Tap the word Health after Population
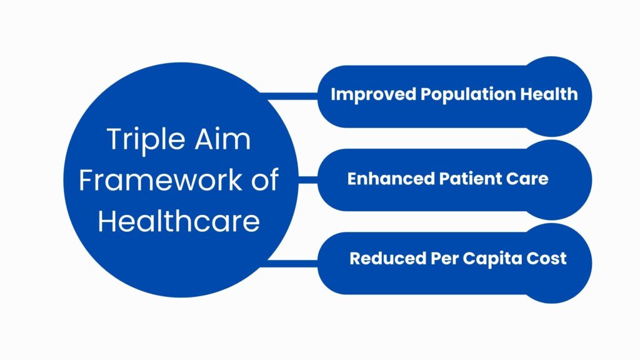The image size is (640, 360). click(x=549, y=94)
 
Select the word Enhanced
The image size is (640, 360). click(x=391, y=179)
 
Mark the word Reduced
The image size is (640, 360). click(x=387, y=258)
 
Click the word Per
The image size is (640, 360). click(x=444, y=258)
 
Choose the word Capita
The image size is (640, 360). click(x=492, y=259)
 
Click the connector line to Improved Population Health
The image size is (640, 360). click(x=289, y=96)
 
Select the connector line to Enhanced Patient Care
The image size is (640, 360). click(x=308, y=180)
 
